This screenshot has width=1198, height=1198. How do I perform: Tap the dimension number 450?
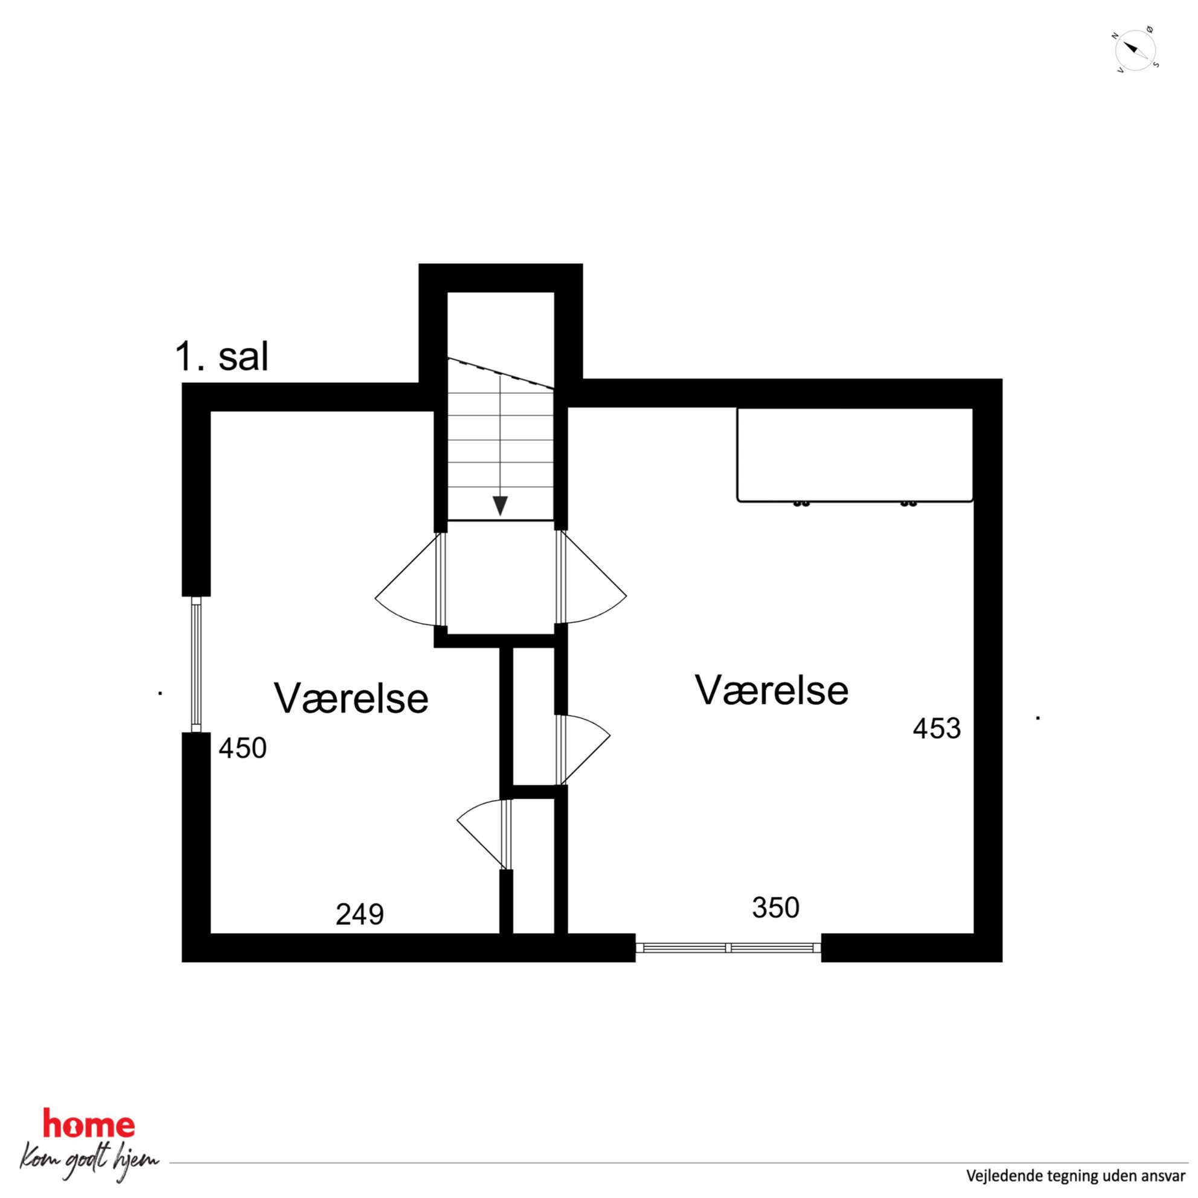tap(243, 748)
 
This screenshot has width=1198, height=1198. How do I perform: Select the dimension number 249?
tap(360, 914)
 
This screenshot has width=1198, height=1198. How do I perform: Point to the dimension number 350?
tap(776, 908)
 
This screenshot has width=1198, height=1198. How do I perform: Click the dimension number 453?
tap(937, 729)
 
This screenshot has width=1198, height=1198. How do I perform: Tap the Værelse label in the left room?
tap(351, 698)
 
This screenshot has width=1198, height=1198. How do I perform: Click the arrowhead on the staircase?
tap(500, 506)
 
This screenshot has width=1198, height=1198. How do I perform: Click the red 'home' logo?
tap(88, 1124)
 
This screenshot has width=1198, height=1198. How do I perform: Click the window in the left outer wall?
tap(196, 664)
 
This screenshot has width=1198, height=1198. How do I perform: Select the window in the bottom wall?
tap(728, 947)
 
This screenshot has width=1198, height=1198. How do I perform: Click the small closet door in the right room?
tap(583, 750)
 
